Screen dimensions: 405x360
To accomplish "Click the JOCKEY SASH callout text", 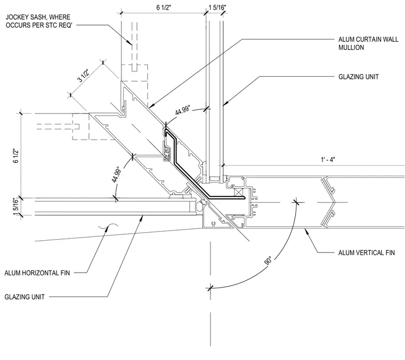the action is pos(38,21).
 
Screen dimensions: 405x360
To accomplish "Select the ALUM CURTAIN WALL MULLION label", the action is pos(368,43).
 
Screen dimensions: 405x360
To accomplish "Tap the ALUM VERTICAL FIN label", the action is pos(367,252).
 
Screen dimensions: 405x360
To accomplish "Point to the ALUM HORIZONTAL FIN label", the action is pos(37,273).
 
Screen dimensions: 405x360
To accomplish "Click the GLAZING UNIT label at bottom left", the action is pos(25,297).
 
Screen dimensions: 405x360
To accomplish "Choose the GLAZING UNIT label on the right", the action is pos(359,77).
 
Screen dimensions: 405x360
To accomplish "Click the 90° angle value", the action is pos(269,260).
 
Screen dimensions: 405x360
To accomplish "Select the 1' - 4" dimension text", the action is pos(328,160).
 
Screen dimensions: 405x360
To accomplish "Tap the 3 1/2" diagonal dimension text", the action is pos(84,75).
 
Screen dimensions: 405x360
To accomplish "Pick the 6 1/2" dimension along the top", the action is pos(164,7).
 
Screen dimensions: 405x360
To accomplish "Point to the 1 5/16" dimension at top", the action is pos(217,7).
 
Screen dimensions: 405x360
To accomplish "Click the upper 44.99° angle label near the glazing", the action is pos(183,110).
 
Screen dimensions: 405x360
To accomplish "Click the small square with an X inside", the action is pos(239,193).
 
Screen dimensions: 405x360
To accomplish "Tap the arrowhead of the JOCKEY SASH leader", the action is pos(130,43).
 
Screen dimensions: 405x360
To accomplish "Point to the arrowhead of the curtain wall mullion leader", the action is pos(151,105).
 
